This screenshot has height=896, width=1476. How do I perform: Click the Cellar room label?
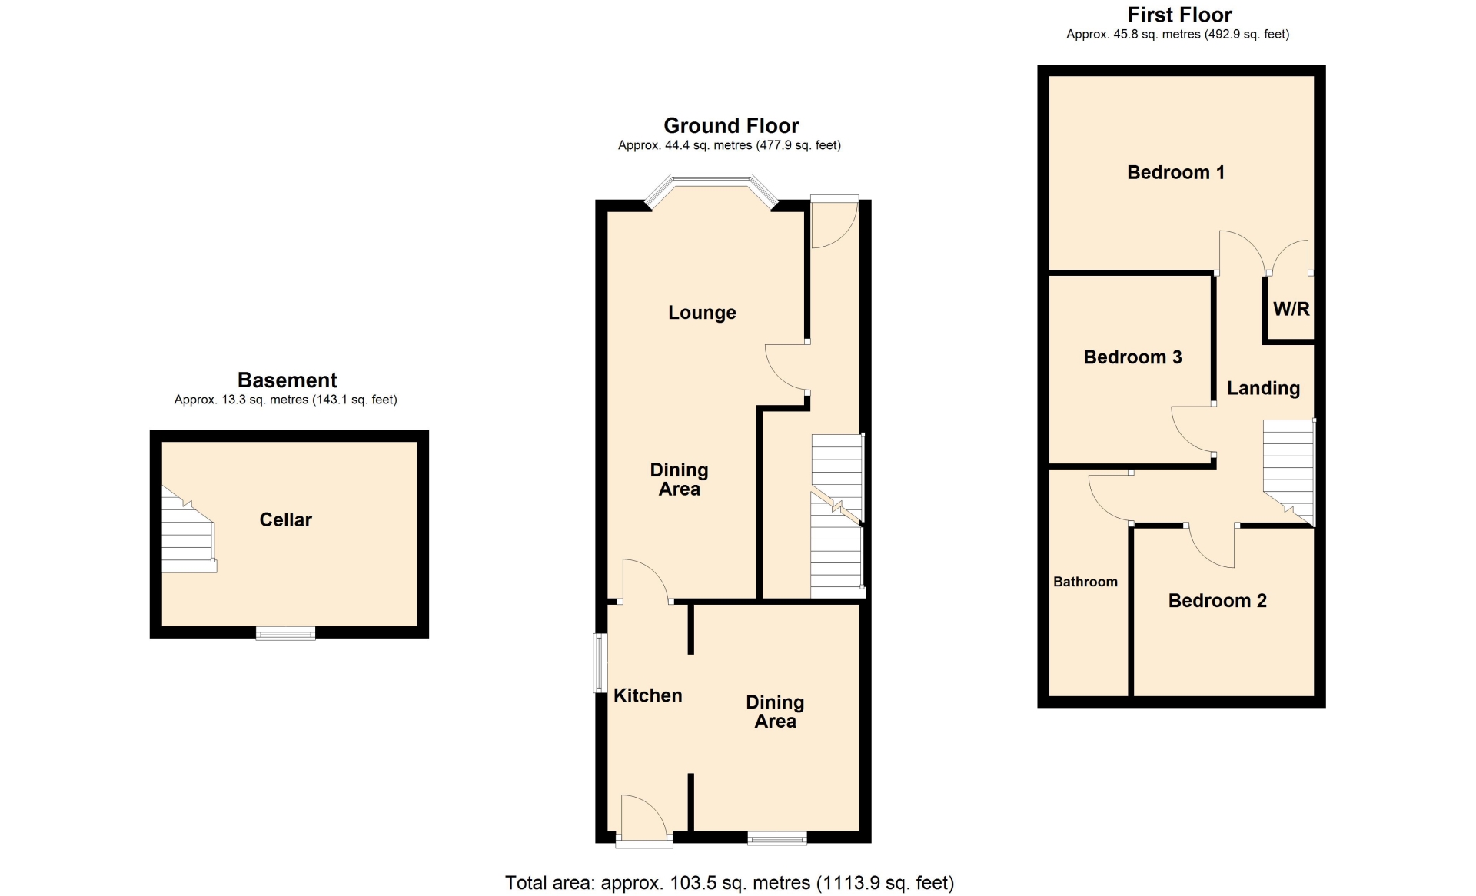pyautogui.click(x=285, y=519)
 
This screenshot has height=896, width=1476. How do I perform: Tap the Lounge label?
pyautogui.click(x=702, y=313)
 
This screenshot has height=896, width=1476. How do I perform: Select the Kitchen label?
pyautogui.click(x=647, y=695)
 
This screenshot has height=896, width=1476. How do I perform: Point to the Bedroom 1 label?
pyautogui.click(x=1175, y=172)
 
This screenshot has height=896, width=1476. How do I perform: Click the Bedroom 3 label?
pyautogui.click(x=1132, y=357)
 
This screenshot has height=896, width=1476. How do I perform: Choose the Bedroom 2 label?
pyautogui.click(x=1217, y=601)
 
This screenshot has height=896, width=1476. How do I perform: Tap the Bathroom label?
pyautogui.click(x=1085, y=582)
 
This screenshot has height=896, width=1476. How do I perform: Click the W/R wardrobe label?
pyautogui.click(x=1291, y=309)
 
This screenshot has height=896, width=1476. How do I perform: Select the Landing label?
pyautogui.click(x=1263, y=388)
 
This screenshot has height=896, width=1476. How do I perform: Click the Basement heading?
pyautogui.click(x=287, y=380)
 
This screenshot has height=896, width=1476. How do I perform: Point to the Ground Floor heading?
pyautogui.click(x=731, y=125)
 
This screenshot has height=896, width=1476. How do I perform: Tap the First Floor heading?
pyautogui.click(x=1179, y=15)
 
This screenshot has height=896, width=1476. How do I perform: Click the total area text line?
pyautogui.click(x=730, y=883)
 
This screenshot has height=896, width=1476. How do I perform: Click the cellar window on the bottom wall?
pyautogui.click(x=285, y=633)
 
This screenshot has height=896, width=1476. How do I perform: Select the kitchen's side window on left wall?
pyautogui.click(x=600, y=662)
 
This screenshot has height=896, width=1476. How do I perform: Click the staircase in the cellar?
pyautogui.click(x=188, y=530)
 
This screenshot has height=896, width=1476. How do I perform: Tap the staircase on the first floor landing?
pyautogui.click(x=1289, y=472)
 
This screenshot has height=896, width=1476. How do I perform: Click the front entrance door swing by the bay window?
pyautogui.click(x=835, y=222)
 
